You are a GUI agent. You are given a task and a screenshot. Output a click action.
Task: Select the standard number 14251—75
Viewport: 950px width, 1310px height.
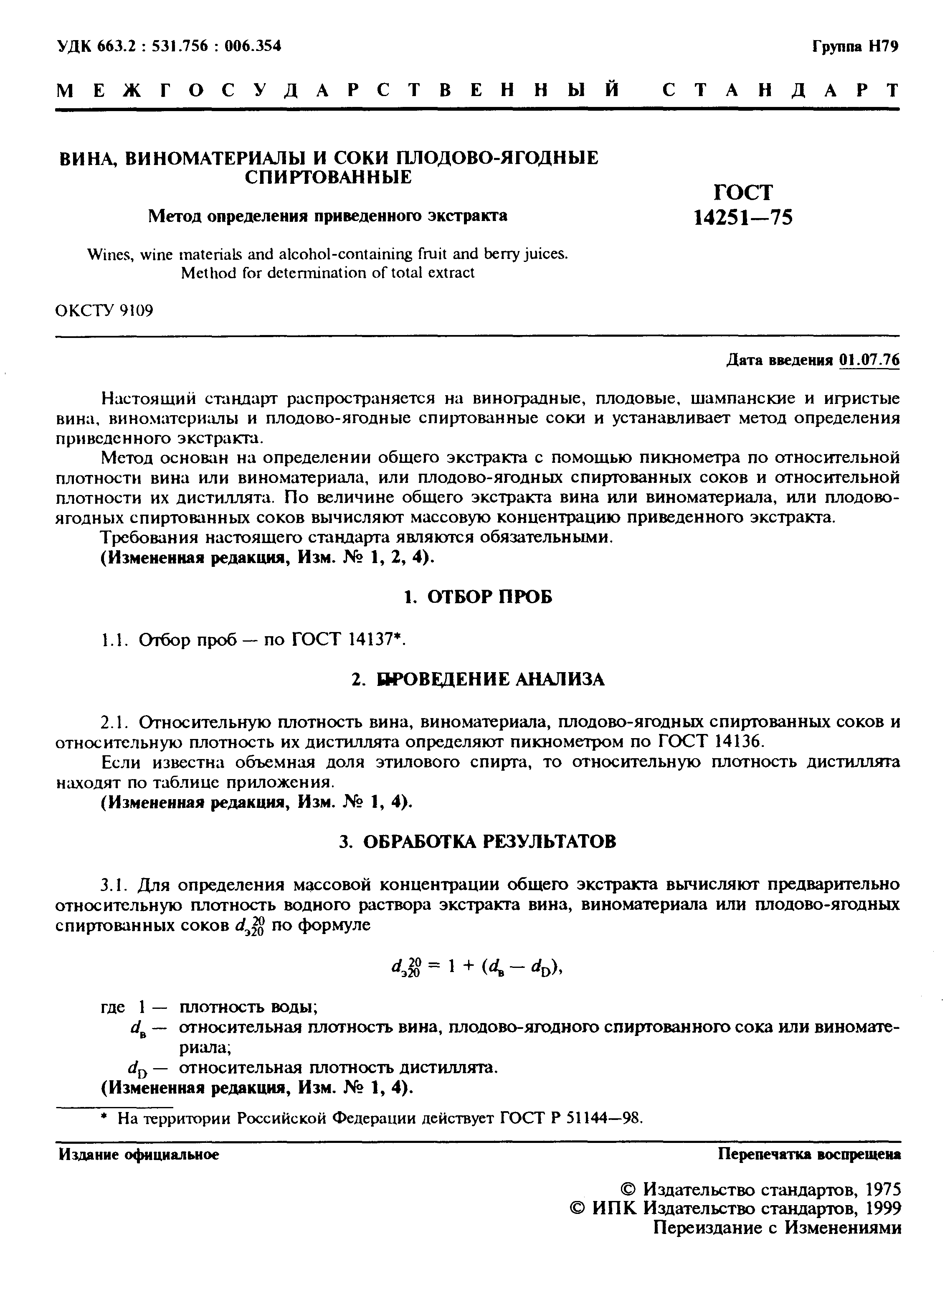point(743,217)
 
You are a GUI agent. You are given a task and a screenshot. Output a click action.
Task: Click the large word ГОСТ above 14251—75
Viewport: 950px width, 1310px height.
point(743,192)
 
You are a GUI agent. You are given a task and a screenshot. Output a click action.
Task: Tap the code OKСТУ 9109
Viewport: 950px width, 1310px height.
point(104,311)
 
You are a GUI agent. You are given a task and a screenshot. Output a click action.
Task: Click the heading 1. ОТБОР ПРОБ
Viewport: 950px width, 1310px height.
point(477,597)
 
